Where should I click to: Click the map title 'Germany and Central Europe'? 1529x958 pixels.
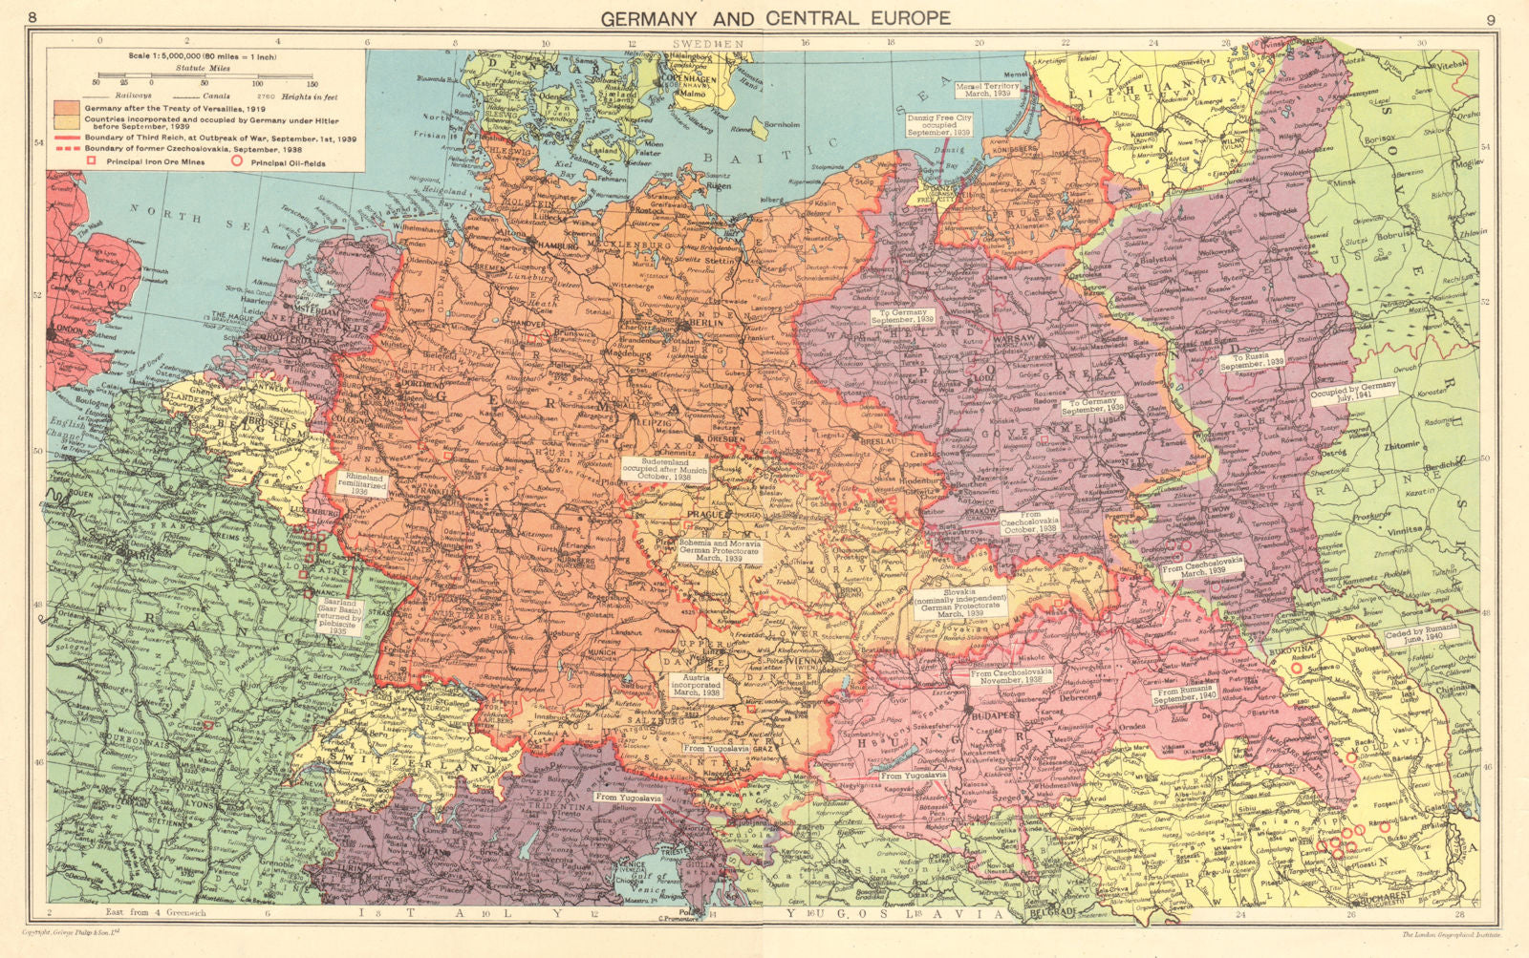[775, 17]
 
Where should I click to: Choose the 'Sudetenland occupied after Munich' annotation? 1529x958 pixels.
[665, 470]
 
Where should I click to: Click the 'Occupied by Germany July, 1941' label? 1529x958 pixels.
[1353, 393]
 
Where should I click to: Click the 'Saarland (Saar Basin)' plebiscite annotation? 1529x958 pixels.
[339, 617]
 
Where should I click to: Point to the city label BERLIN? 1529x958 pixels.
[703, 323]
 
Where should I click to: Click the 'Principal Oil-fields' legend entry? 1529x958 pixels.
[288, 163]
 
